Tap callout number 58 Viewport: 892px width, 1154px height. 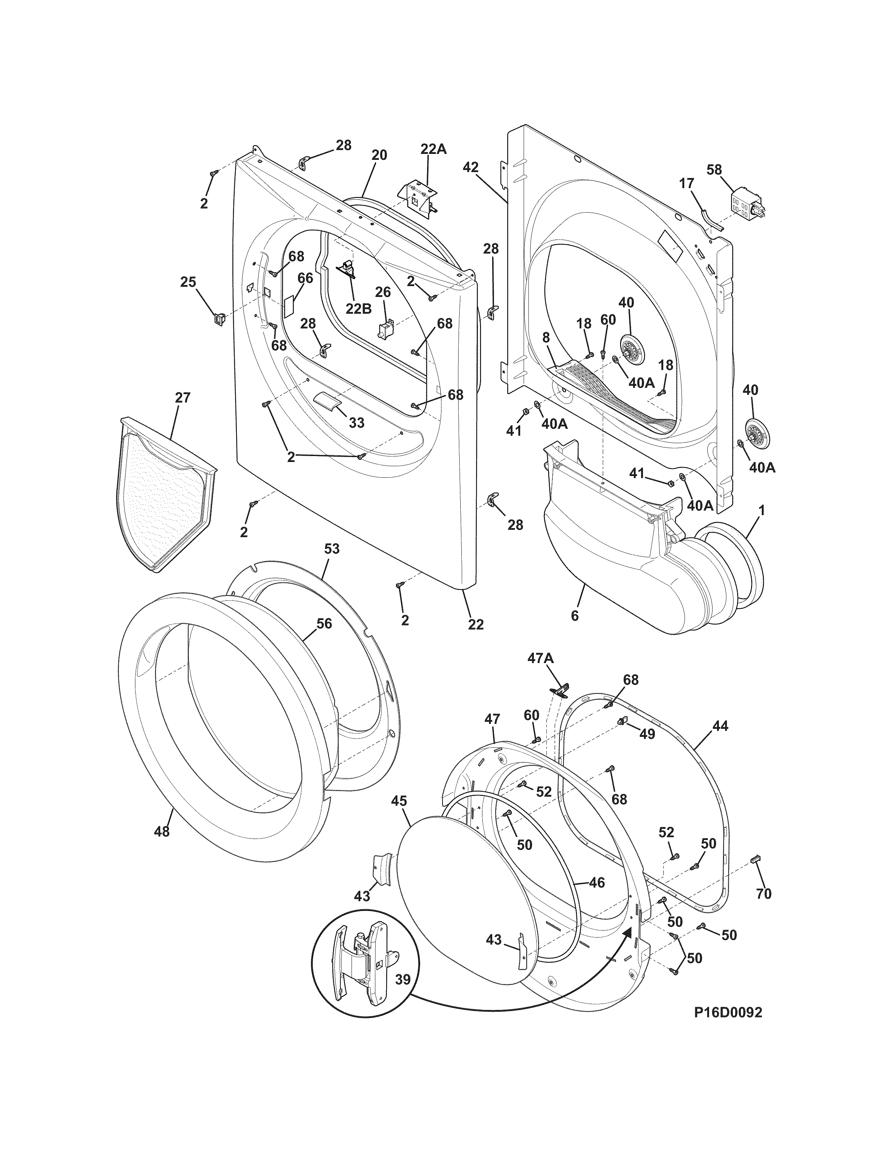pyautogui.click(x=714, y=170)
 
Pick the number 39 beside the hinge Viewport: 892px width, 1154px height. pyautogui.click(x=403, y=980)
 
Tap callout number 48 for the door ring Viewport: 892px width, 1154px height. pyautogui.click(x=162, y=831)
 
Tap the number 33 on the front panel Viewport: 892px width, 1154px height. pyautogui.click(x=357, y=423)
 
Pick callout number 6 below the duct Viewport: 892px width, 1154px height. pyautogui.click(x=574, y=615)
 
